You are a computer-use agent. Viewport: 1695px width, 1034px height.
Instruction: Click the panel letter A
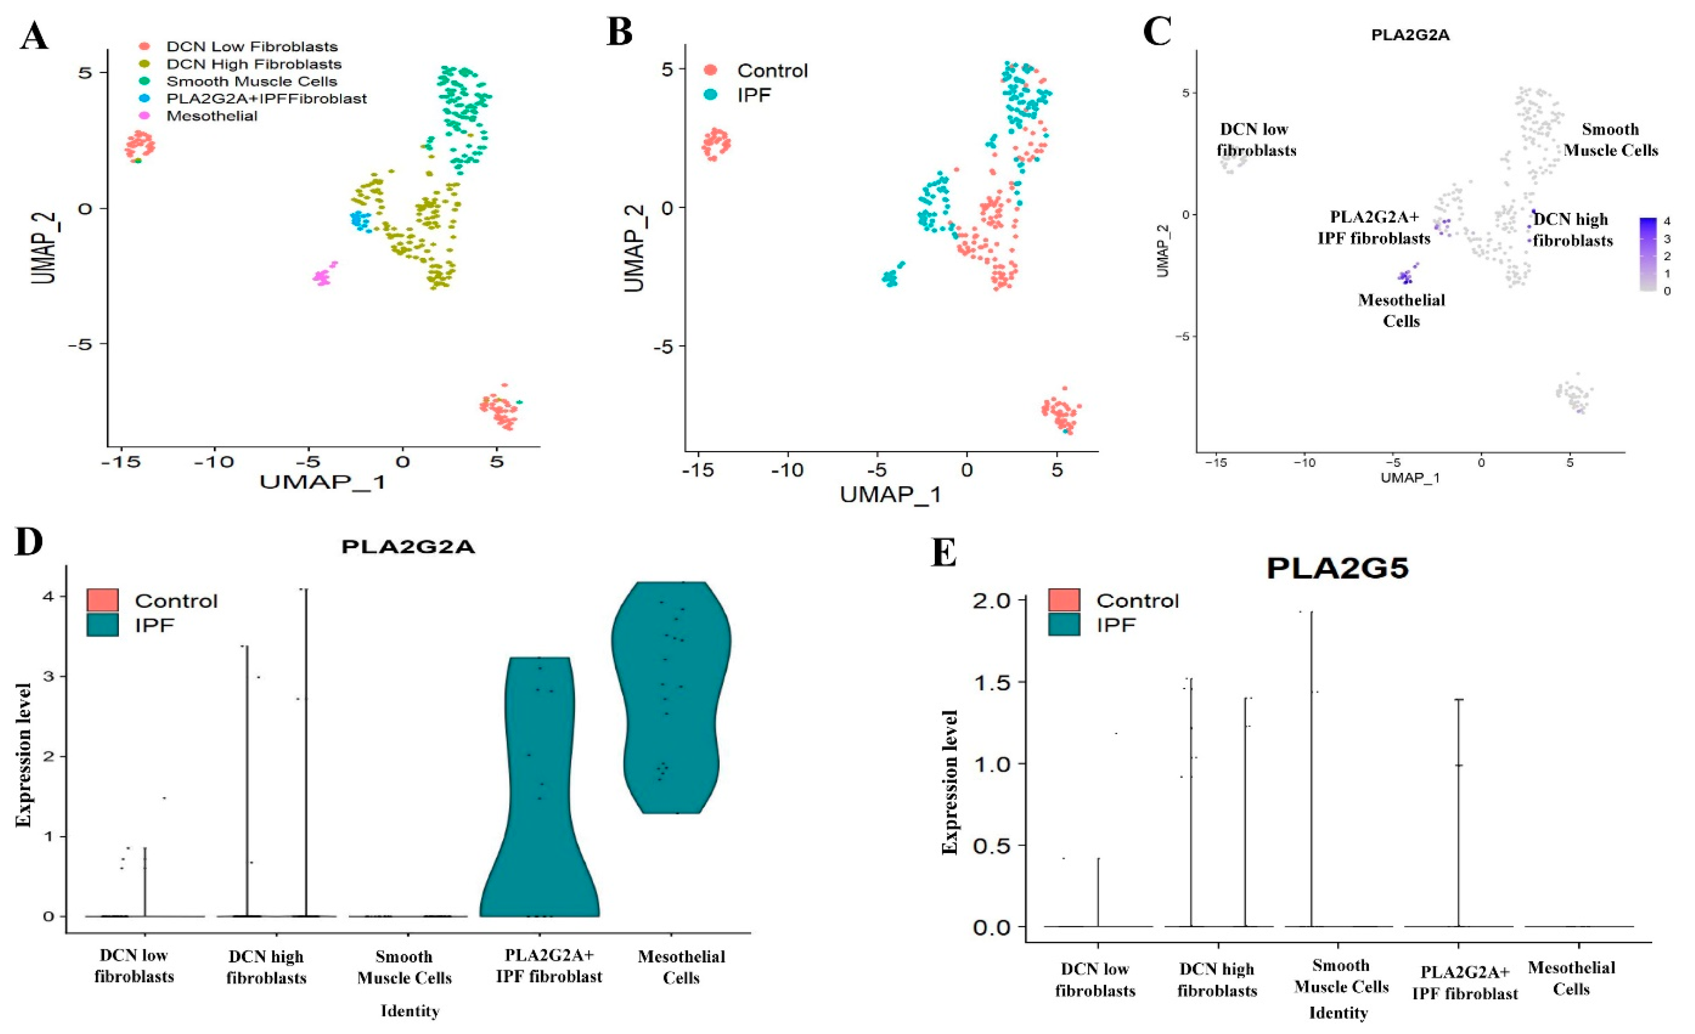[x=34, y=36]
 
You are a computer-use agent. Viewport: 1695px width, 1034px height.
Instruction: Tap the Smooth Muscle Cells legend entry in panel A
[x=252, y=81]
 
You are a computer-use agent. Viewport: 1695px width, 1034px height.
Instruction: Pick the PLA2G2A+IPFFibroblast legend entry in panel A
[x=266, y=98]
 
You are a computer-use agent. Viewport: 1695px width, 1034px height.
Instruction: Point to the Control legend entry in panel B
[x=772, y=70]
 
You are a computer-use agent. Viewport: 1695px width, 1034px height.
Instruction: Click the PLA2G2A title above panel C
[x=1410, y=35]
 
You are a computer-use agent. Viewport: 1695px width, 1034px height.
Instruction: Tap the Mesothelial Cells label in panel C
[x=1401, y=310]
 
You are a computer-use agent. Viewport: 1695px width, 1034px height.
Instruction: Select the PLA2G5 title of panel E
[x=1338, y=568]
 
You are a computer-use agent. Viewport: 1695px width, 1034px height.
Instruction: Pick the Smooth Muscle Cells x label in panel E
[x=1341, y=976]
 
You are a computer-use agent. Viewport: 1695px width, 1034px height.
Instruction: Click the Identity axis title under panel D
[x=410, y=1010]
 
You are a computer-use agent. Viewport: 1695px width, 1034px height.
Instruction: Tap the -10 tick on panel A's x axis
[x=213, y=462]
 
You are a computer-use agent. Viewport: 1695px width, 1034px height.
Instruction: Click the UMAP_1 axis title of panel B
[x=890, y=493]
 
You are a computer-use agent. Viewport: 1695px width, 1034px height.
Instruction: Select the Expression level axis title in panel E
[x=950, y=782]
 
